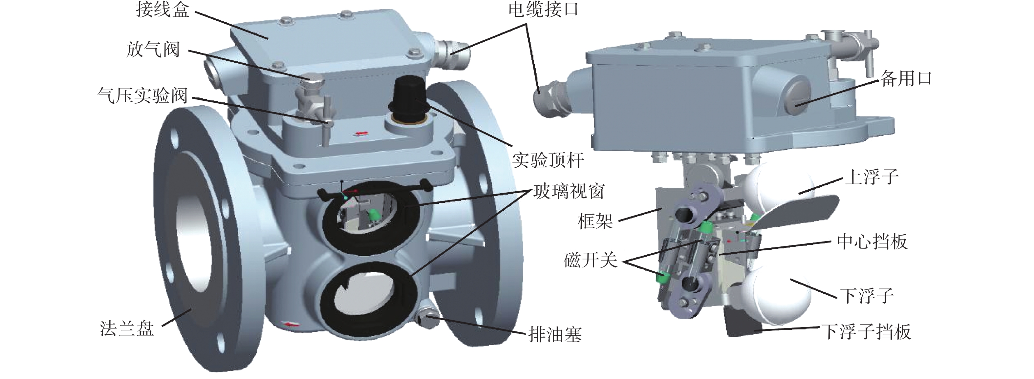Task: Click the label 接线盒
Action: point(162,10)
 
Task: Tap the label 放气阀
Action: point(153,50)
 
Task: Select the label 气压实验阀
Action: point(143,96)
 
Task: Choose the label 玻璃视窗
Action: point(569,191)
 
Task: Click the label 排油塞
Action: point(555,334)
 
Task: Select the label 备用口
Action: point(906,79)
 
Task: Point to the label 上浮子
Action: point(872,177)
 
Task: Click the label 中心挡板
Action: point(872,242)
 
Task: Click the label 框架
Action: point(595,221)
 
